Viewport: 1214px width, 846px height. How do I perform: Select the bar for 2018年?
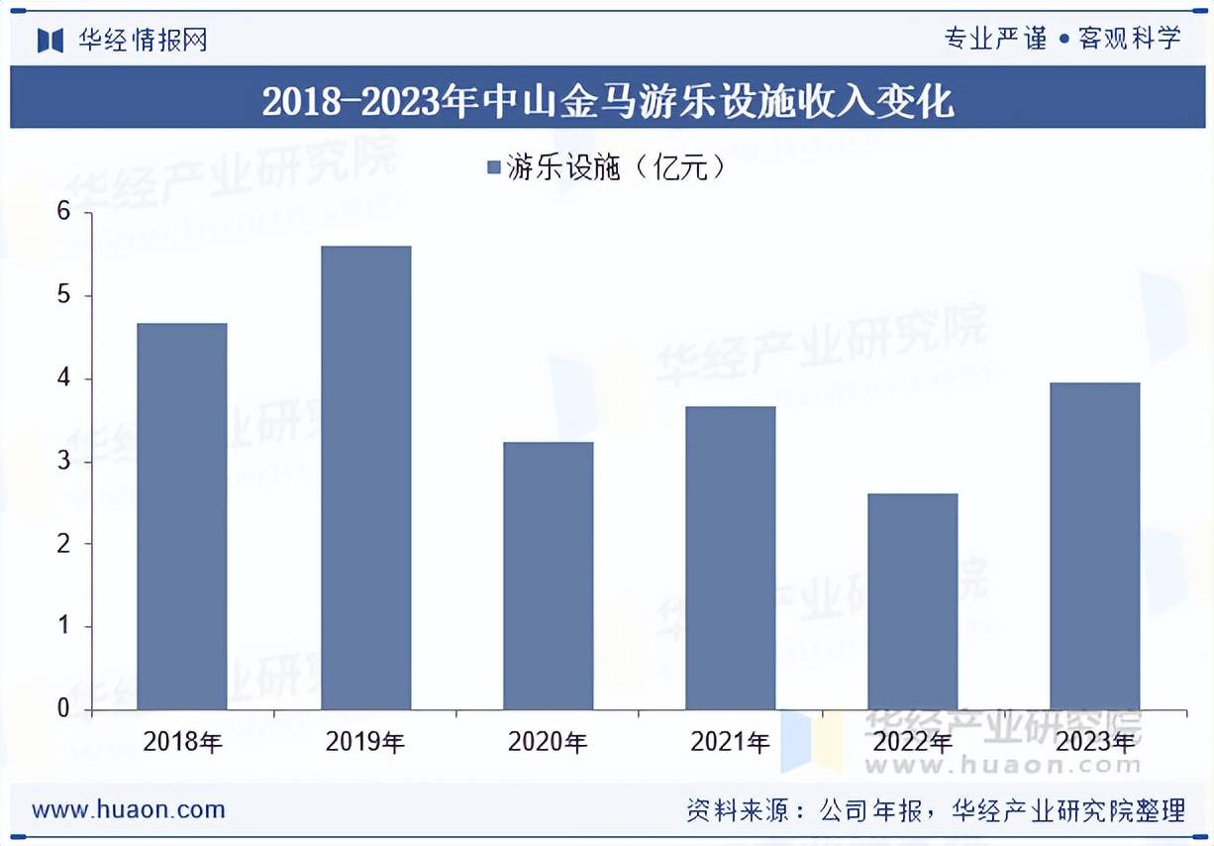point(182,516)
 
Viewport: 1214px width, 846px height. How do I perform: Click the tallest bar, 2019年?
point(365,477)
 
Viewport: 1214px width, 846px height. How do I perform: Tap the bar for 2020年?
point(548,576)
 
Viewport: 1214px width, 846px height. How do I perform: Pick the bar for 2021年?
point(731,558)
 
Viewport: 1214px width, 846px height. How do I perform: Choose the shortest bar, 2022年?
point(913,601)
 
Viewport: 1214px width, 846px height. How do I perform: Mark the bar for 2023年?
point(1095,546)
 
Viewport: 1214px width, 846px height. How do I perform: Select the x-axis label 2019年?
point(365,742)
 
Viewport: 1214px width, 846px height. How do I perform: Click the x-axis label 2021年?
point(731,742)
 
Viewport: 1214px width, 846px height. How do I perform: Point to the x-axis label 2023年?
point(1095,742)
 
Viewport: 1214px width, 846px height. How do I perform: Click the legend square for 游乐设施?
point(494,169)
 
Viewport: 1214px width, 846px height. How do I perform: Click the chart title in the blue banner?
point(607,101)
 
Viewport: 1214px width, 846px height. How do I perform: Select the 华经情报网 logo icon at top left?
point(51,40)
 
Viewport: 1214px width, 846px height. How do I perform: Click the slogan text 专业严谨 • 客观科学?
point(1062,39)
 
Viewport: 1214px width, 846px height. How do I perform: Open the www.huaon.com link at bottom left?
point(129,809)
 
